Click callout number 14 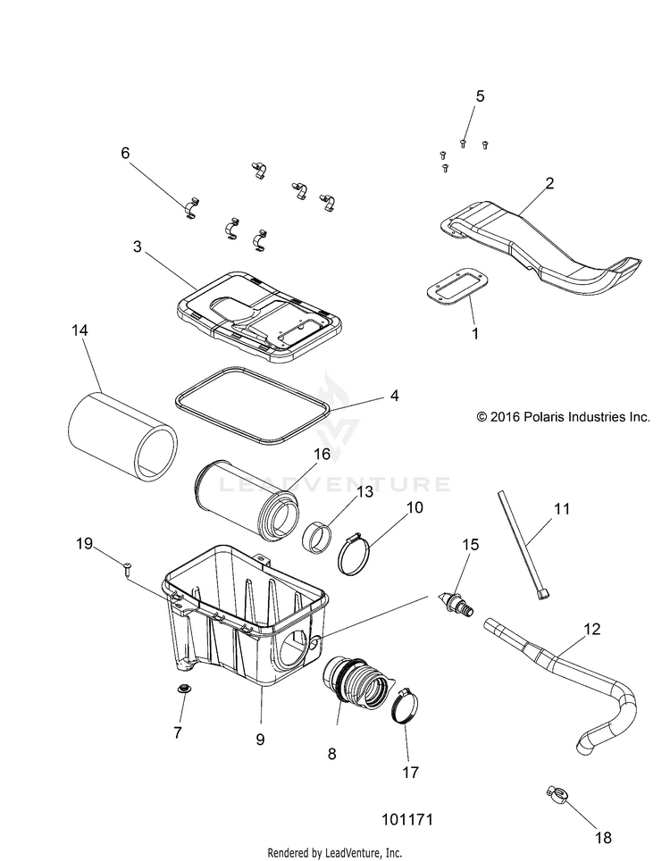80,330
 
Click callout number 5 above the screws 480,96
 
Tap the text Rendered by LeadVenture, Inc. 335,851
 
